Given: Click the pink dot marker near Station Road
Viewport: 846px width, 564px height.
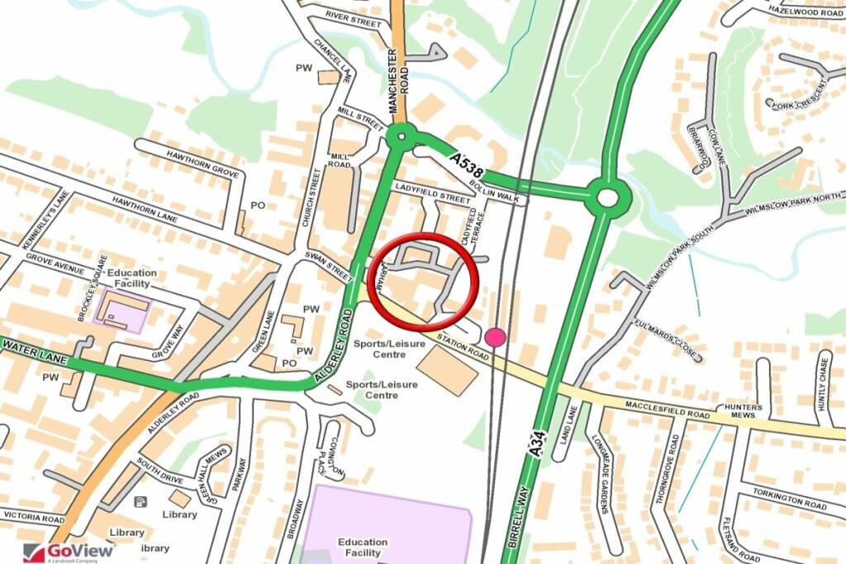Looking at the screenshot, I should click(x=495, y=337).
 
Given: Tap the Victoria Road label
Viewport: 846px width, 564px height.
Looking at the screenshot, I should click(x=32, y=519).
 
